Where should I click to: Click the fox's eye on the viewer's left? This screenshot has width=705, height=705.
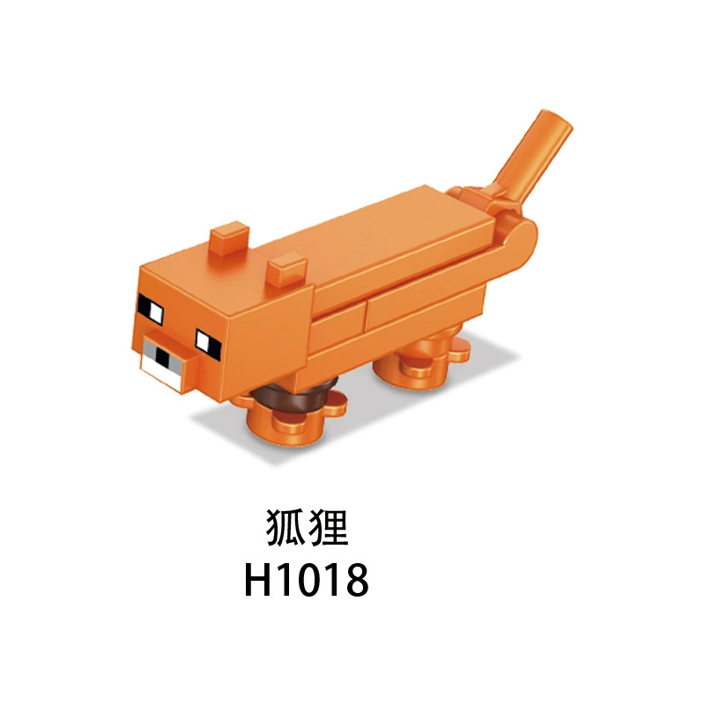[151, 309]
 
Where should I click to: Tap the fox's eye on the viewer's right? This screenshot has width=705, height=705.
[208, 344]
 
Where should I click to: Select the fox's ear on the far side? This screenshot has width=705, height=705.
[229, 237]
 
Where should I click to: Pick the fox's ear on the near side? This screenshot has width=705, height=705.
[286, 270]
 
